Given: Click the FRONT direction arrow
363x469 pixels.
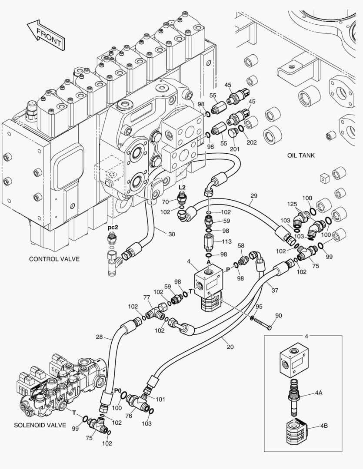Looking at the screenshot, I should (x=45, y=34).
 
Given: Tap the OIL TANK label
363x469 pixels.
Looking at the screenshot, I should (x=300, y=155).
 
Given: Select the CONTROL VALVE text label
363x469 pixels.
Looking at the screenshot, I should (x=54, y=259).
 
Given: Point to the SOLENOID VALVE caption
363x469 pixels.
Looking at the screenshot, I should (x=40, y=425).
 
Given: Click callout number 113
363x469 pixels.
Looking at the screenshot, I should (x=226, y=242).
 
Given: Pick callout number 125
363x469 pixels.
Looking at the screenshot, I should (x=292, y=204).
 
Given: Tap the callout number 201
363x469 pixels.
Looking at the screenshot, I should (x=235, y=149).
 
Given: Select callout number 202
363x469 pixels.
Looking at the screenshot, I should (x=251, y=142).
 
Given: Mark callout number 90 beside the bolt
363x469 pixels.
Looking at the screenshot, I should (x=279, y=315).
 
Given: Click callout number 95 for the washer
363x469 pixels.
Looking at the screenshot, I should (x=259, y=307).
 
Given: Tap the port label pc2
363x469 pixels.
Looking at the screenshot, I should (x=113, y=227).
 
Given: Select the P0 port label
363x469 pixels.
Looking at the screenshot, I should (x=117, y=391).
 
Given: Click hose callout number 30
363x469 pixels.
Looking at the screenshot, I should (x=172, y=234).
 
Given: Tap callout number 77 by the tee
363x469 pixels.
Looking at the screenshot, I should (x=147, y=297).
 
